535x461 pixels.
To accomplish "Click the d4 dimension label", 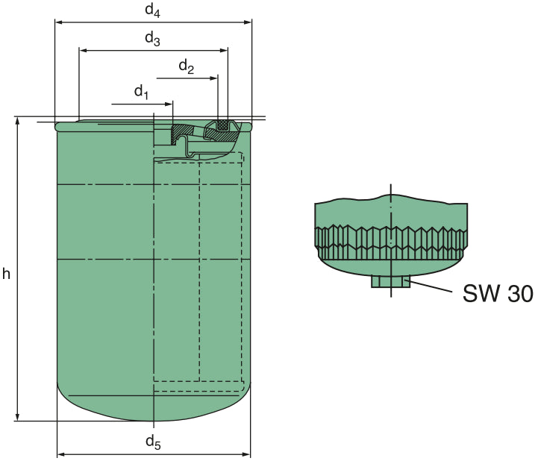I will point(152,10).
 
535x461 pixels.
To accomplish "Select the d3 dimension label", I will point(152,39).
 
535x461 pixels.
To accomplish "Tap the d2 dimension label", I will point(187,67).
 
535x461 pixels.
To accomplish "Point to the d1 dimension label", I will point(142,92).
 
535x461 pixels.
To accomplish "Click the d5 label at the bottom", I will point(153,442).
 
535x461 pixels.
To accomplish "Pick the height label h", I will point(6,274).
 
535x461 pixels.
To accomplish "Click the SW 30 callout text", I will point(497,294).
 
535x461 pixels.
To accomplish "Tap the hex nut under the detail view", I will point(391,281).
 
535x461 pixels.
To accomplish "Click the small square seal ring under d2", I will point(222,125).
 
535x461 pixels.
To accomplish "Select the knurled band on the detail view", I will point(391,240).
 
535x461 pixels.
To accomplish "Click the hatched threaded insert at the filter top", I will point(183,134).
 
